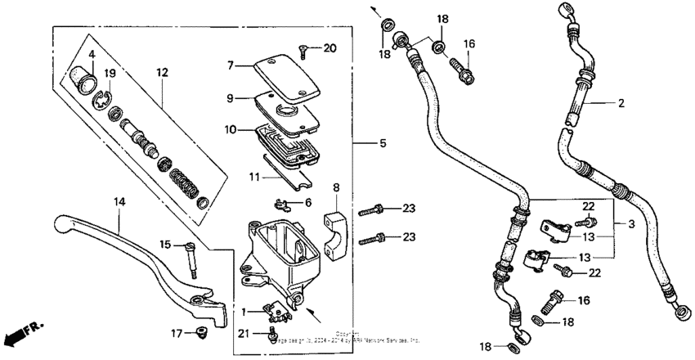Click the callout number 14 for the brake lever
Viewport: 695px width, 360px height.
[119, 200]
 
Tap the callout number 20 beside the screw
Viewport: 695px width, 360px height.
[329, 48]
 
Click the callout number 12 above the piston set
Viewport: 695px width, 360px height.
[162, 73]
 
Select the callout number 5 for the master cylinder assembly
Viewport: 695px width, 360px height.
[361, 144]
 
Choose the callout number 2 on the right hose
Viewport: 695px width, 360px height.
[621, 103]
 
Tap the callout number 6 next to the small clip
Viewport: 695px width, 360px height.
[307, 202]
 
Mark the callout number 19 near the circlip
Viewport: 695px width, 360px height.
[109, 73]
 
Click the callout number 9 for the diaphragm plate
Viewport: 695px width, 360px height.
[231, 97]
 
